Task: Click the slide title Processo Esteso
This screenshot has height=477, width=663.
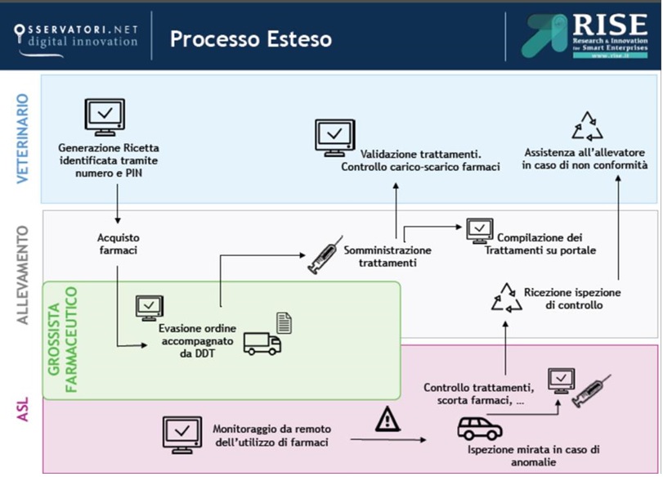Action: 250,38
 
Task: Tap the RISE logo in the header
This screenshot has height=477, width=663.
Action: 585,36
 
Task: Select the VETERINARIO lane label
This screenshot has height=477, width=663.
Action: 23,137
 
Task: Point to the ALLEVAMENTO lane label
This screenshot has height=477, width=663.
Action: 23,275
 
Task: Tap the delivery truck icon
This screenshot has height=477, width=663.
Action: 262,344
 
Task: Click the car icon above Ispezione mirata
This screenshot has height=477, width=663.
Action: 479,428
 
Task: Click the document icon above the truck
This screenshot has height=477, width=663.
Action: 284,322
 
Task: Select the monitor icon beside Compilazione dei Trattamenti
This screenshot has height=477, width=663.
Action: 479,232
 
